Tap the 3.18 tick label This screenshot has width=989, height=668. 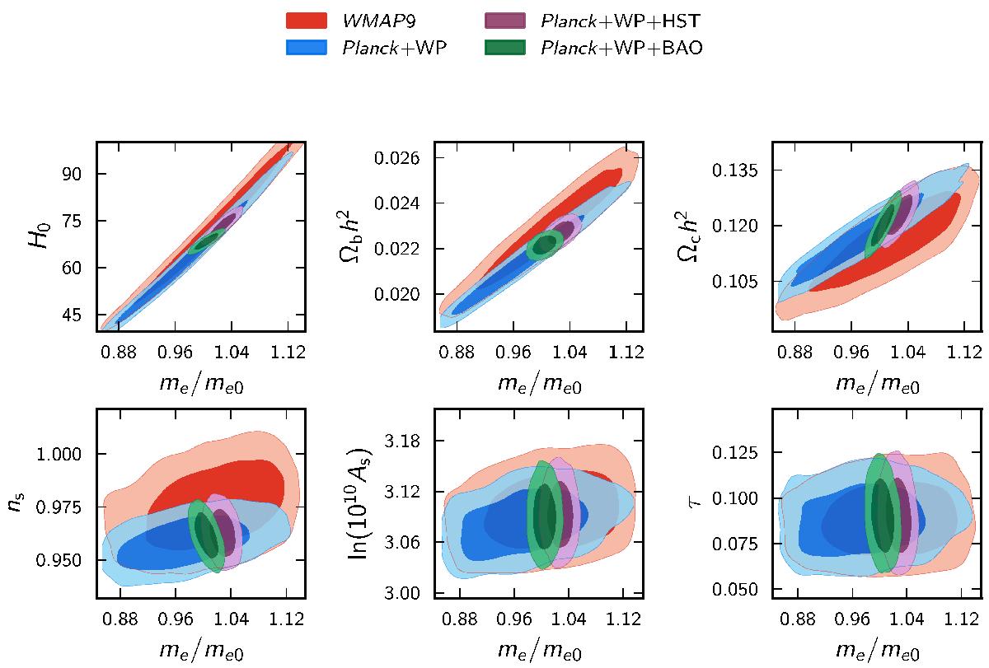[402, 441]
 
